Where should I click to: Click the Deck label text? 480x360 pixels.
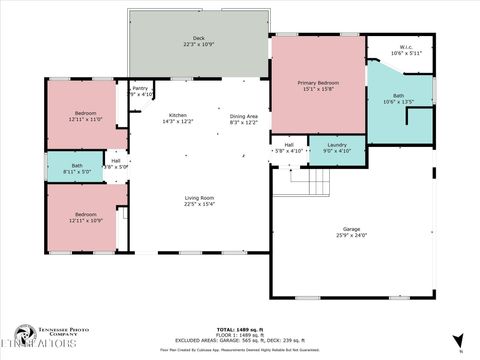(200, 38)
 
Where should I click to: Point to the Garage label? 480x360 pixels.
(352, 229)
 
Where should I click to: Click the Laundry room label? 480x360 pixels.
(336, 145)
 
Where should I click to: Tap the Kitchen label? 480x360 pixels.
(178, 115)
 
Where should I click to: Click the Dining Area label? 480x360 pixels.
(244, 115)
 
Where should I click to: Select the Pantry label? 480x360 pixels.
(141, 88)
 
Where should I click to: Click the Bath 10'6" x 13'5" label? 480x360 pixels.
(398, 99)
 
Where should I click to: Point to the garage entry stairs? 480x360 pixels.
(316, 182)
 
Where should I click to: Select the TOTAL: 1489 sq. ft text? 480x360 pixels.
(240, 328)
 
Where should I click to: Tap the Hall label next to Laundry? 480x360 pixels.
(289, 145)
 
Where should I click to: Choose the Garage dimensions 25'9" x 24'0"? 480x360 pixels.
(352, 236)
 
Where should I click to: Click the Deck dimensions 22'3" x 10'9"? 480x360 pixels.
(200, 45)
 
